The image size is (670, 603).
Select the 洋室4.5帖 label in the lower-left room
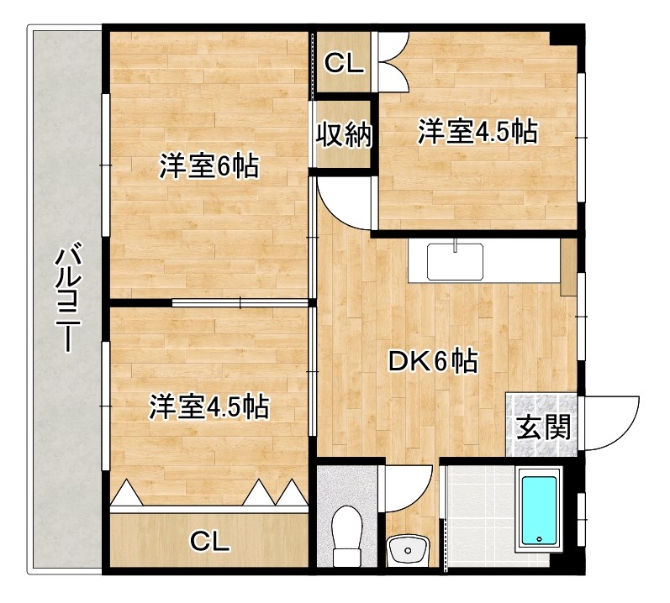click(208, 407)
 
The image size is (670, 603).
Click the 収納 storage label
click(344, 134)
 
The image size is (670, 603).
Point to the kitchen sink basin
click(455, 261)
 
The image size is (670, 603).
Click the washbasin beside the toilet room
click(408, 551)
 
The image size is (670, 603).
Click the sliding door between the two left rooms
click(241, 301)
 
